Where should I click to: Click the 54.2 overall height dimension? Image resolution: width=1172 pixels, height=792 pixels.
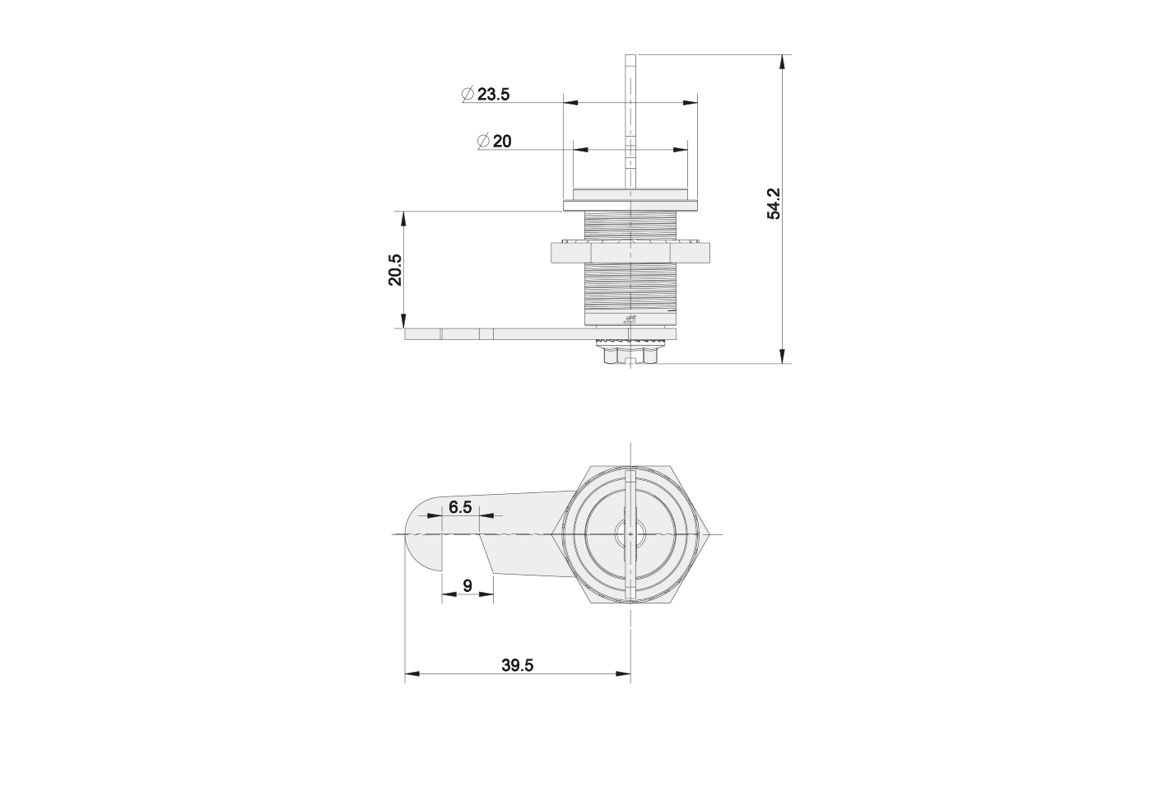[x=774, y=203]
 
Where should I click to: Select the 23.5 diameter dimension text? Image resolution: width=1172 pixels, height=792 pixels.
[x=493, y=94]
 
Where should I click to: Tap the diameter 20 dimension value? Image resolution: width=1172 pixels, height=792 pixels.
[x=502, y=142]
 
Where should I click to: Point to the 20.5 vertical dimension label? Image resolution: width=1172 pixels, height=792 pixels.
[x=395, y=270]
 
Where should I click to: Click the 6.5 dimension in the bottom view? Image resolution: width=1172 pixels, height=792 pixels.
[x=460, y=506]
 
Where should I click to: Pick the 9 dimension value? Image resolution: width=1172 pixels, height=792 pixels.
[x=467, y=585]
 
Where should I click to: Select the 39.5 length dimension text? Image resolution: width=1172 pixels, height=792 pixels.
[x=518, y=665]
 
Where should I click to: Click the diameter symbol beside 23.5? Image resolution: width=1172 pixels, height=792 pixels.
[x=467, y=94]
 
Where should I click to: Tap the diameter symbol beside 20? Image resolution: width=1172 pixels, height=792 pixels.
[x=483, y=142]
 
